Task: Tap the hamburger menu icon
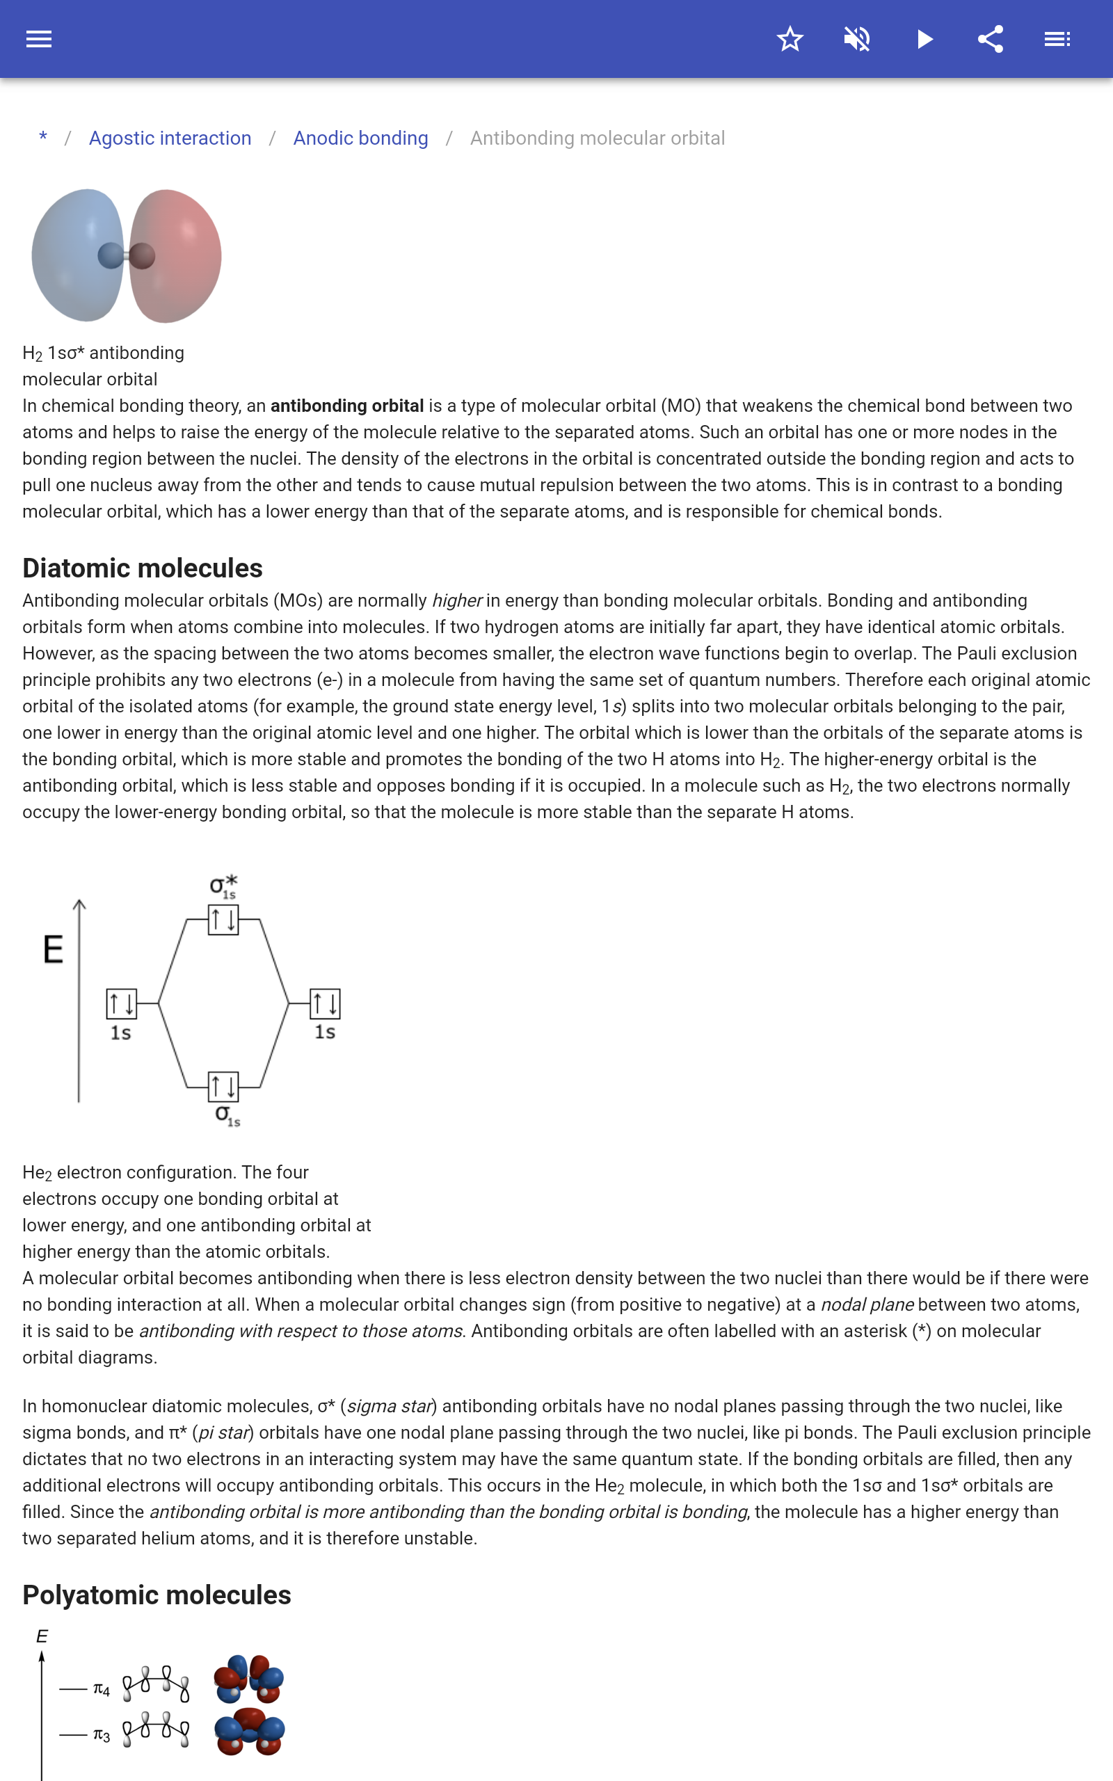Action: coord(39,39)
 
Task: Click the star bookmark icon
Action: coord(790,39)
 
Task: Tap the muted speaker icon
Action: coord(857,39)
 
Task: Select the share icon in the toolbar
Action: coord(991,39)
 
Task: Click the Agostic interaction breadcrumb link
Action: coord(170,138)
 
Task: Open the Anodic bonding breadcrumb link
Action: coord(361,138)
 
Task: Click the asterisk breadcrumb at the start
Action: coord(43,138)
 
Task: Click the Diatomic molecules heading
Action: coord(143,568)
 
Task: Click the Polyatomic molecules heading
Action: coord(157,1595)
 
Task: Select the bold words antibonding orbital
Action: coord(346,406)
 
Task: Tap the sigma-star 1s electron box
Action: coord(223,920)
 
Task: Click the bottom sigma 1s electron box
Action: coord(223,1086)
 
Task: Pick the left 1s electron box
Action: coord(122,1003)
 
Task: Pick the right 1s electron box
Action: coord(325,1003)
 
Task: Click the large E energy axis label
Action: coord(53,950)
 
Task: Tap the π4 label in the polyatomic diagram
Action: coord(102,1689)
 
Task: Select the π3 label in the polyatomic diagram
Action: coord(102,1735)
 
